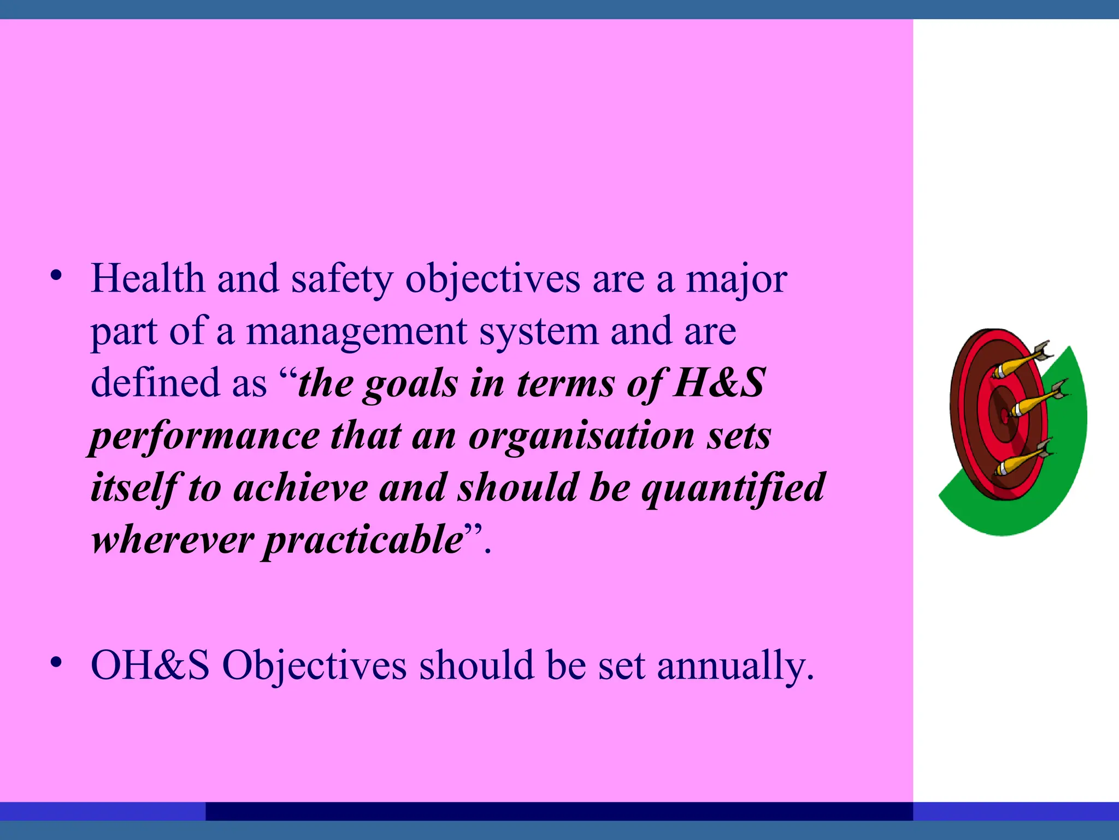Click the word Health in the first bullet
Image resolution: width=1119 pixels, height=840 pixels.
[148, 279]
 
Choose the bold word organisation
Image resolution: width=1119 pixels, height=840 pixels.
[581, 436]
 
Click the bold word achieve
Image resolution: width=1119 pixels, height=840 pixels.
[301, 488]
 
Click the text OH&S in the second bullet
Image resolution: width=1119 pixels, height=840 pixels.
[150, 666]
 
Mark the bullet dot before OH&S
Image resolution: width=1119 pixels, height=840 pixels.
[55, 663]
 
